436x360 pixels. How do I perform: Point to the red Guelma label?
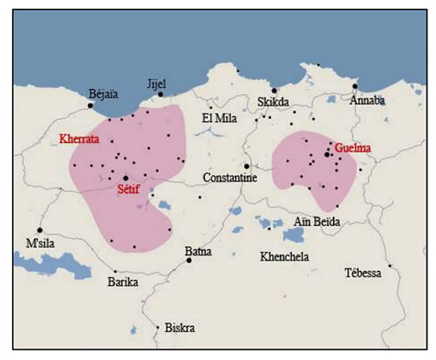(351, 149)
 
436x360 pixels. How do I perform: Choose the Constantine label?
(229, 177)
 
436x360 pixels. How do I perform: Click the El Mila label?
(218, 119)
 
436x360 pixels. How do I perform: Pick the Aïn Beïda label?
(315, 222)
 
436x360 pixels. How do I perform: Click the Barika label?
(123, 282)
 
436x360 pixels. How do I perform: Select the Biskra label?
(180, 329)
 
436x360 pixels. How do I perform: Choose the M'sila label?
(42, 241)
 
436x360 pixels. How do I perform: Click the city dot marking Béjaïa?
(90, 105)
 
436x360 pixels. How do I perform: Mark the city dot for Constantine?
(247, 166)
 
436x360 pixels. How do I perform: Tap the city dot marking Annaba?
(355, 86)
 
